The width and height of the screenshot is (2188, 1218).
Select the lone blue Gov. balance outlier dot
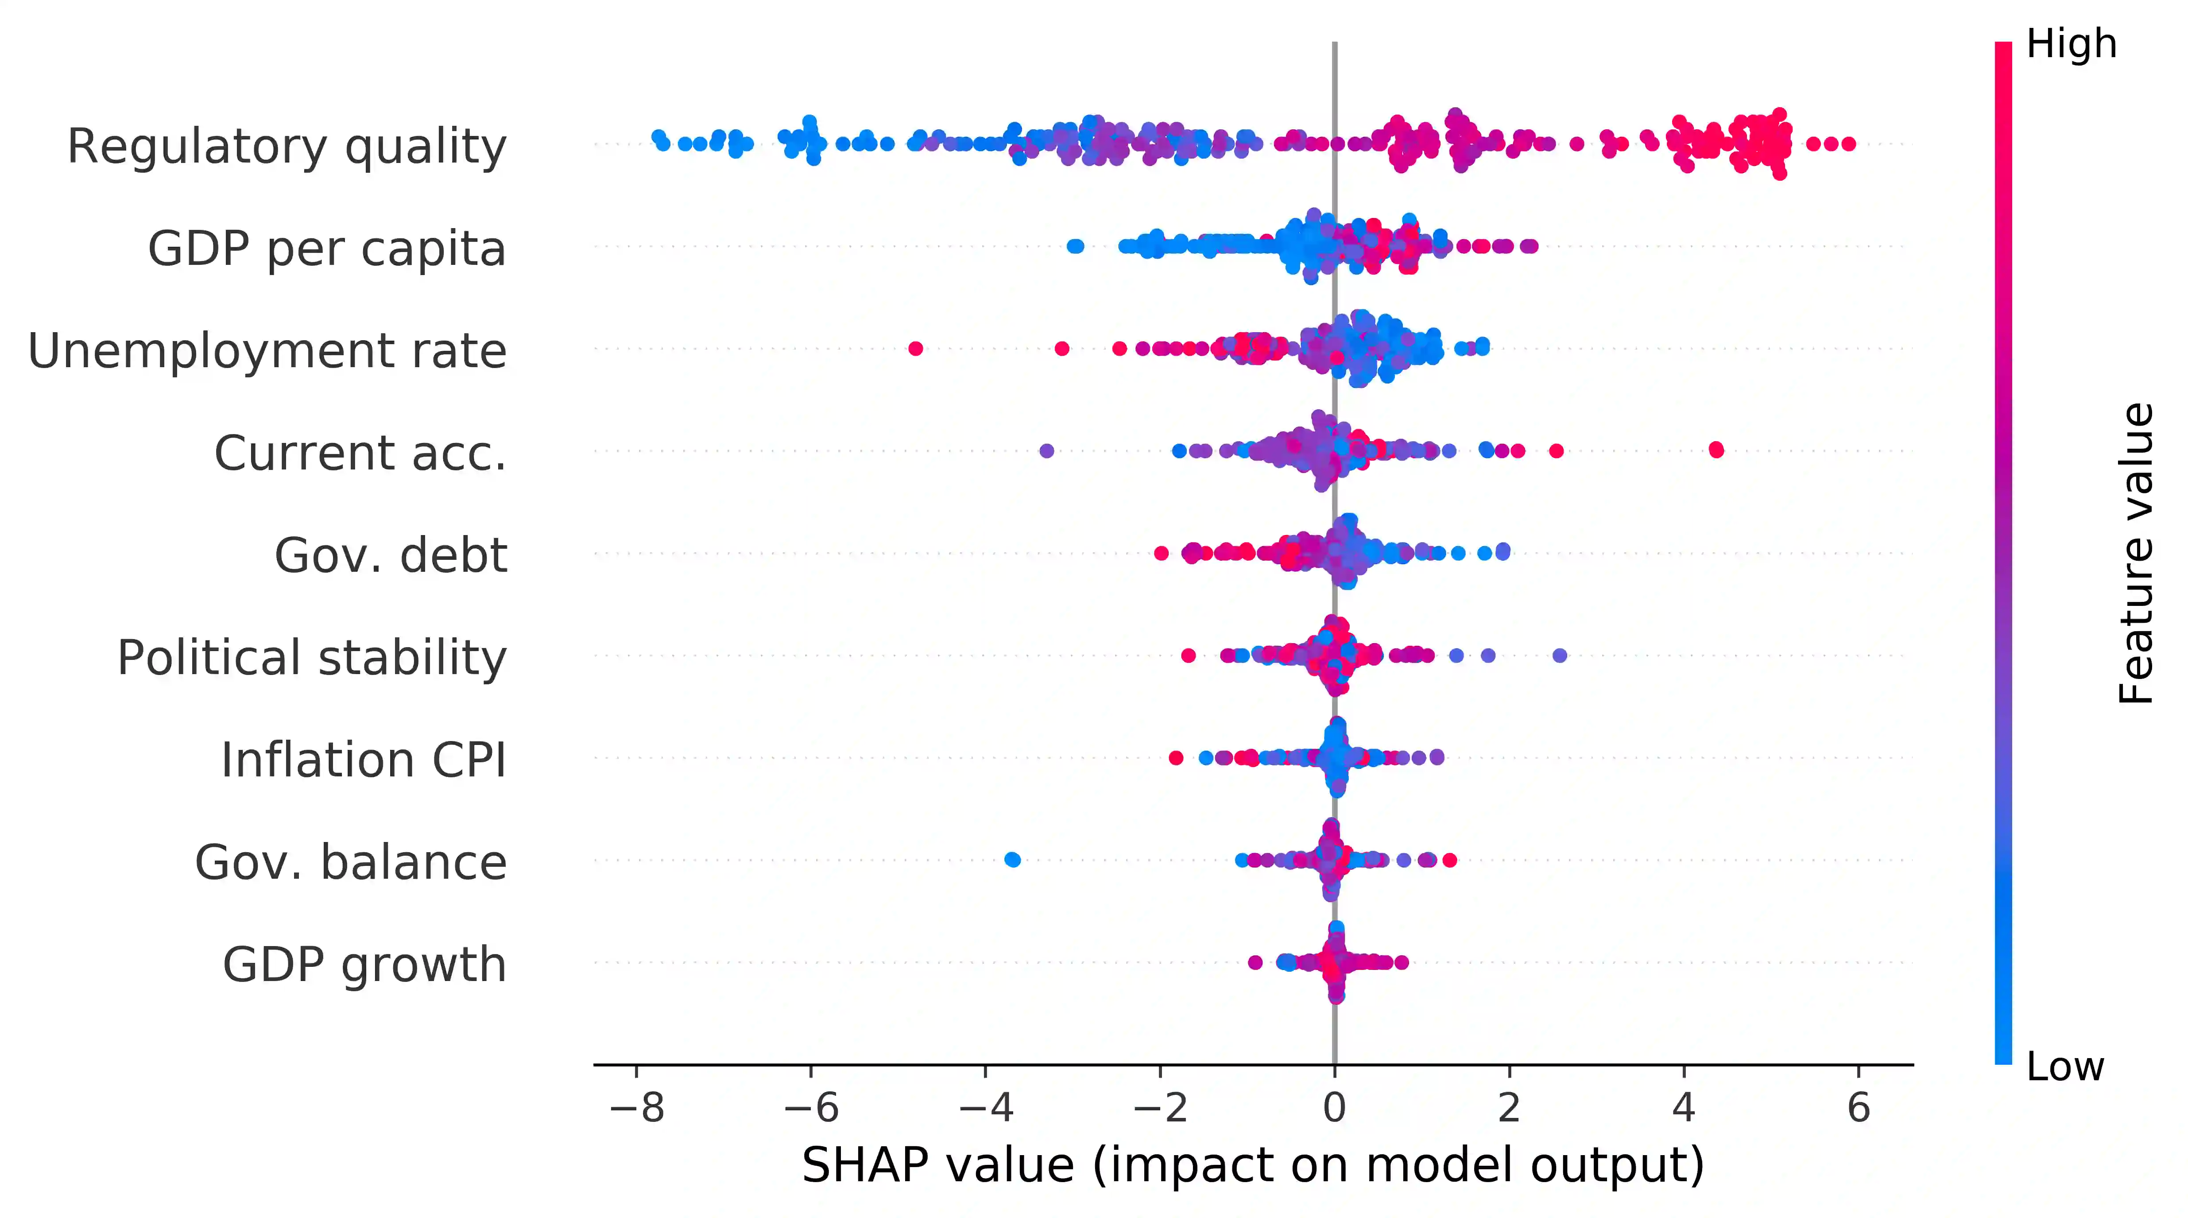click(1011, 860)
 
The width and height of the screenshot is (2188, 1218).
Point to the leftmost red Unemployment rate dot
click(915, 348)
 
